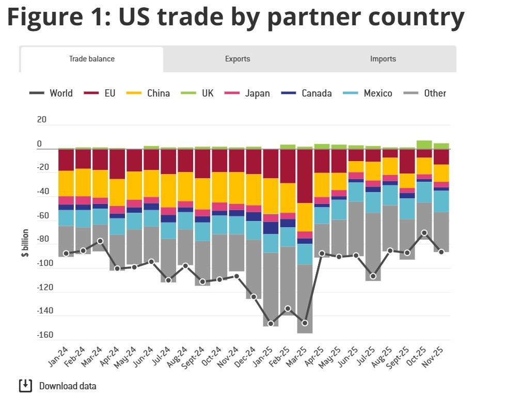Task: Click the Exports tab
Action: point(238,59)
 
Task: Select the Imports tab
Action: point(383,59)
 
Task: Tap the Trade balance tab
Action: point(92,59)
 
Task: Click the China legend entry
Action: point(158,93)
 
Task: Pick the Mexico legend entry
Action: point(377,93)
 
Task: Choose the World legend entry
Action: point(61,93)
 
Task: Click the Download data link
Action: point(67,386)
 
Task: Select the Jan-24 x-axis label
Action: point(57,355)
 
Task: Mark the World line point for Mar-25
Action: point(305,323)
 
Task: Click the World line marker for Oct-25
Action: point(424,233)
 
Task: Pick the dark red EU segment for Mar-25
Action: point(305,176)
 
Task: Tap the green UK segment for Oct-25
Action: point(424,145)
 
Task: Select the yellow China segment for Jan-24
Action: point(66,183)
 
